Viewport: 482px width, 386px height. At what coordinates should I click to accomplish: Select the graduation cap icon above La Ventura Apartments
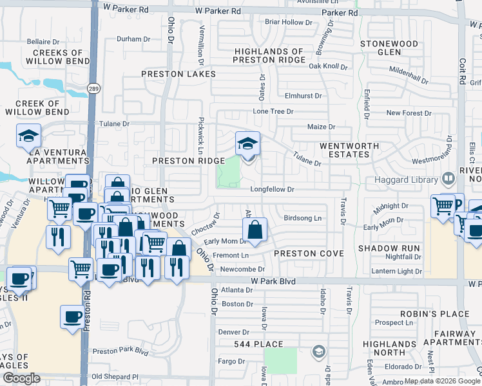click(29, 136)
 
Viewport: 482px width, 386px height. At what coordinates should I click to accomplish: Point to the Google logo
click(21, 378)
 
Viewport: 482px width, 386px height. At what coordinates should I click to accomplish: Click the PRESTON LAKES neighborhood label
click(178, 74)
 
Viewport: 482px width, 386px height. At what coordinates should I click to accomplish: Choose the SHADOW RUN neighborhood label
click(389, 248)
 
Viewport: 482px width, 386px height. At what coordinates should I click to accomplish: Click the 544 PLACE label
click(259, 344)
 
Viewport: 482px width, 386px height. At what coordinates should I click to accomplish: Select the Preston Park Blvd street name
click(120, 351)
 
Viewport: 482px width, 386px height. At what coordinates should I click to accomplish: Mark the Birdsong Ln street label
click(302, 218)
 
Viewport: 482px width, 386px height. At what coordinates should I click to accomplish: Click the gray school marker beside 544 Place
click(318, 351)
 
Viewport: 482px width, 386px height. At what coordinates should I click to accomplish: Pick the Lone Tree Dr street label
click(273, 111)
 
